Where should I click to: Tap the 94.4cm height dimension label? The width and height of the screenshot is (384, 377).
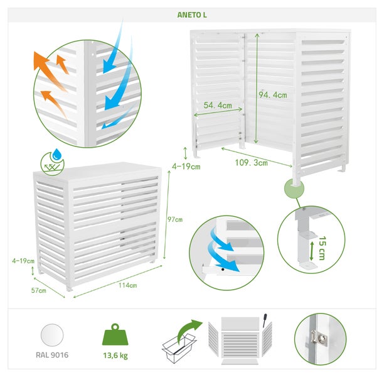pos(273,95)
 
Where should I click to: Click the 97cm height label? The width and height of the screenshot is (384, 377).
pos(174,219)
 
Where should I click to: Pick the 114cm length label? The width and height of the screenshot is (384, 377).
pos(127,285)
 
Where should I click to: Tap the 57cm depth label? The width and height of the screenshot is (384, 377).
pos(39,290)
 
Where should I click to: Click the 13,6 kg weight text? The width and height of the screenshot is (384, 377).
pos(115,354)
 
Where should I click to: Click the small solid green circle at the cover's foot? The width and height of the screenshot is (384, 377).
pos(292,187)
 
